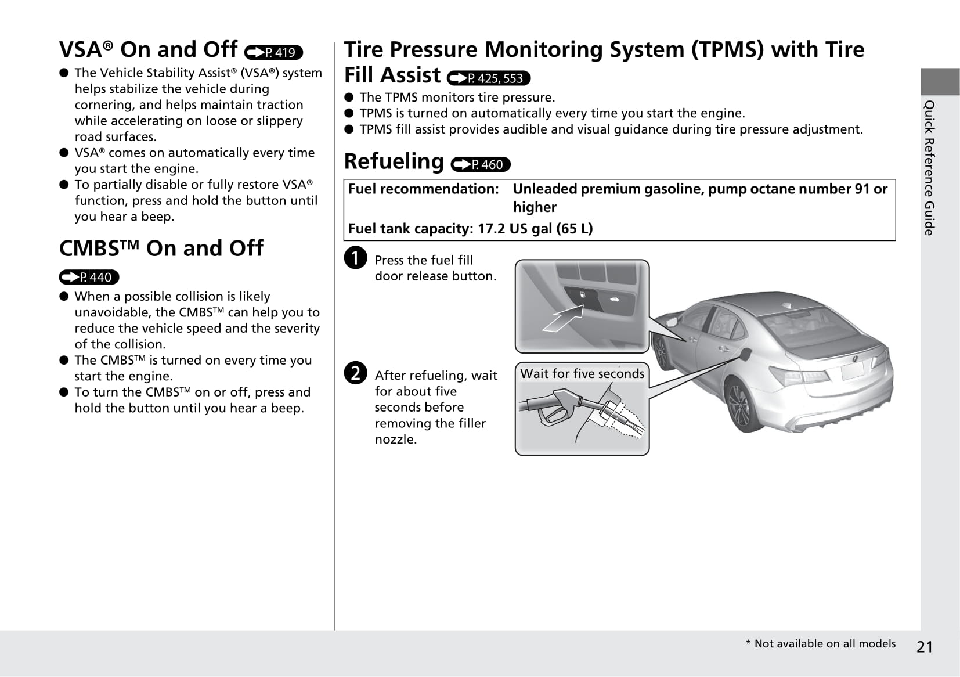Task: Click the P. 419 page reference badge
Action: click(274, 52)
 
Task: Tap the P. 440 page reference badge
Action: click(89, 278)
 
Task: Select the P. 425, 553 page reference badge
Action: click(489, 78)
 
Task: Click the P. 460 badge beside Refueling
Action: click(480, 165)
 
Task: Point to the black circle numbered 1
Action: click(355, 258)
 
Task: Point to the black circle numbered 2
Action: click(355, 373)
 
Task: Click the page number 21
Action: click(925, 647)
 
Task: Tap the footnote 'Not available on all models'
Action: click(821, 644)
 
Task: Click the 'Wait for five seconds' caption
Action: click(582, 374)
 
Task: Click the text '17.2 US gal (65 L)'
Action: click(535, 229)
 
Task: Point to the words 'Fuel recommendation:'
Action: click(423, 189)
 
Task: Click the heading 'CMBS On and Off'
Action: click(161, 249)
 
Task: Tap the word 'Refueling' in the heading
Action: click(394, 161)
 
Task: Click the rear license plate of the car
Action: click(852, 370)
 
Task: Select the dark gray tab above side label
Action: click(939, 81)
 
